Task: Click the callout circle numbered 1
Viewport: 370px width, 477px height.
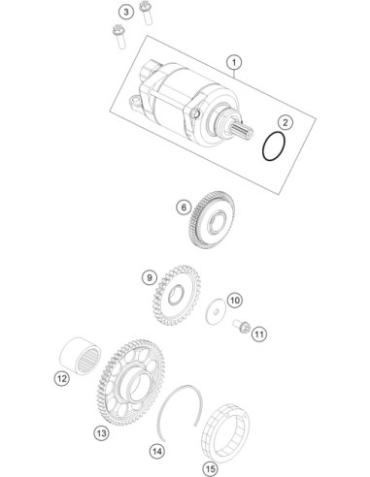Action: tap(234, 62)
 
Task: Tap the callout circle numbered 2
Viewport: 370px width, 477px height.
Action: tap(285, 122)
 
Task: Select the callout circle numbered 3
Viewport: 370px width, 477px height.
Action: tap(126, 13)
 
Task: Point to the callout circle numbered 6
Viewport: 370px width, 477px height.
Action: tap(184, 207)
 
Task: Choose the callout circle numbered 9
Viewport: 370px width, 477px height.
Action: tap(150, 277)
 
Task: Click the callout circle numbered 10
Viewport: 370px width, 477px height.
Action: tap(235, 301)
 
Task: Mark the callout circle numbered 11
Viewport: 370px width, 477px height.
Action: tap(259, 334)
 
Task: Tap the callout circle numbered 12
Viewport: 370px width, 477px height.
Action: tap(61, 378)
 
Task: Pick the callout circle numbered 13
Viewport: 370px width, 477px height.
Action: tap(101, 433)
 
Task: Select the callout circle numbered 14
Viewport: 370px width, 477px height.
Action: tap(157, 451)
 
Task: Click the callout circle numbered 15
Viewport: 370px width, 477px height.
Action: tap(211, 468)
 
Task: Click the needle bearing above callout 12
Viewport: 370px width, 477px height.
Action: tap(81, 356)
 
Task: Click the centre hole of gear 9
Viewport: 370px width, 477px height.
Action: tap(176, 294)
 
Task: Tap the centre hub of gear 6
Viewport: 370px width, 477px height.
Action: tap(217, 222)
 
